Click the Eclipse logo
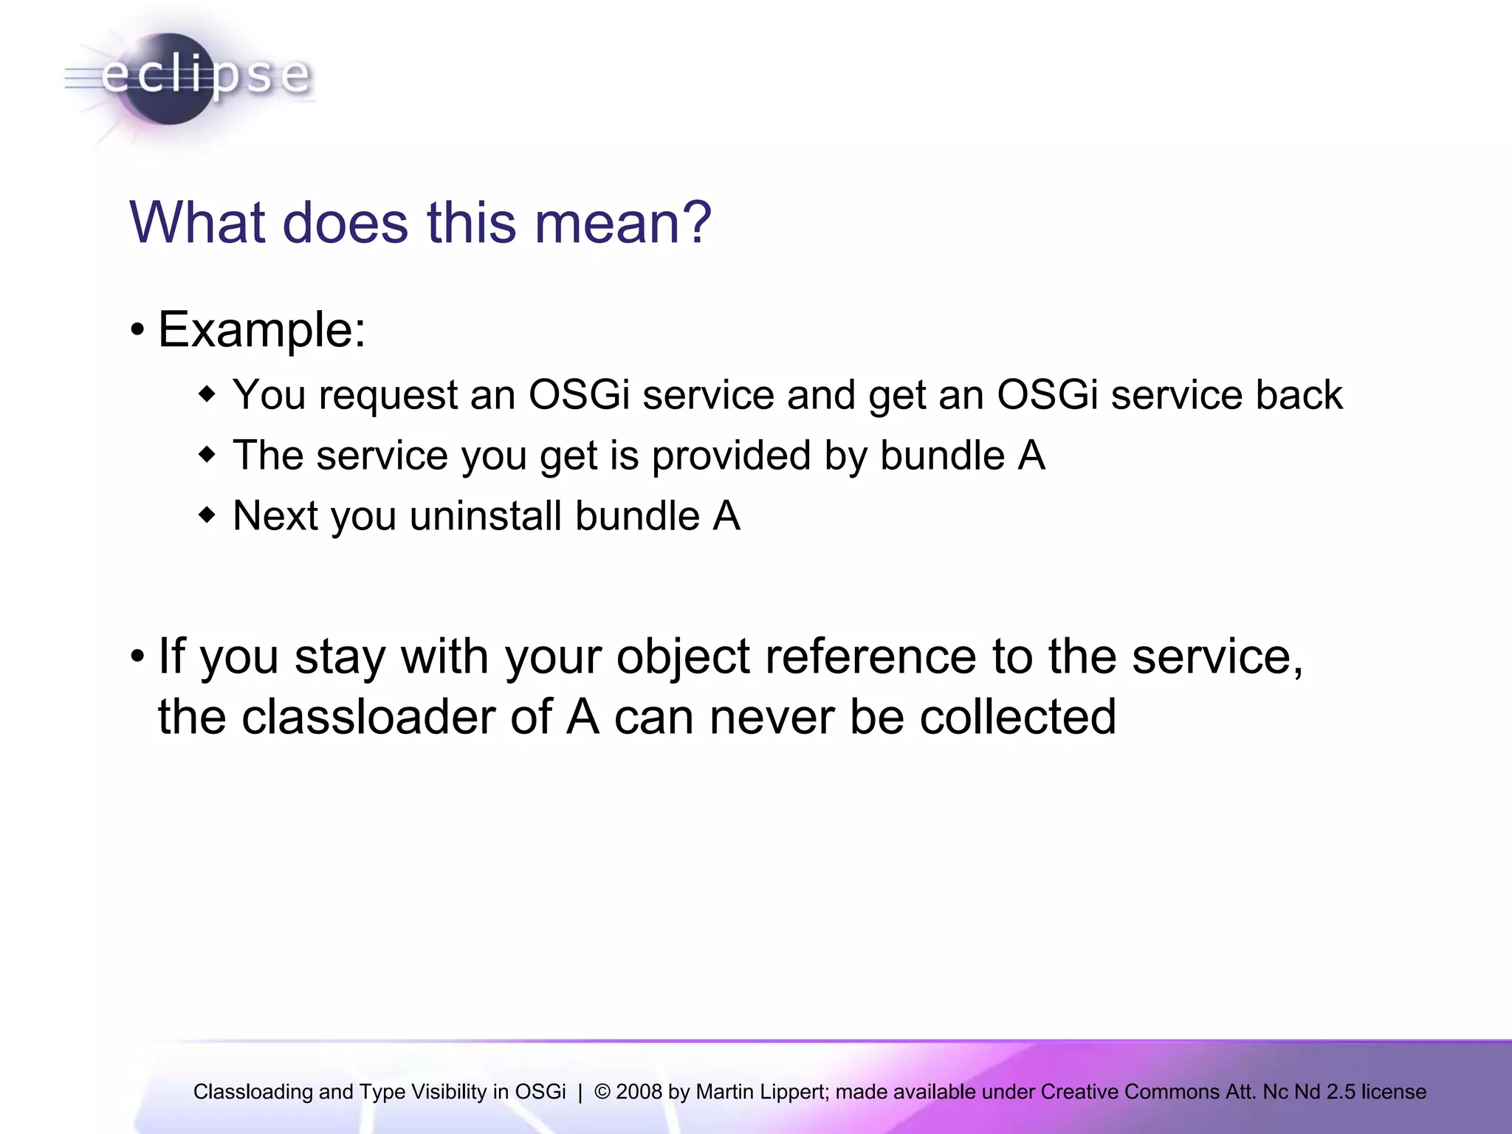tap(189, 78)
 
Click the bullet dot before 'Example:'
tap(137, 331)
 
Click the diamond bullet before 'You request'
tap(207, 394)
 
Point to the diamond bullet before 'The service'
tap(207, 455)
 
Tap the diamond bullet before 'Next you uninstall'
tap(207, 515)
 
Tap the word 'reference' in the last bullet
tap(870, 656)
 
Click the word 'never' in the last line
tap(772, 718)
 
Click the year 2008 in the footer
tap(639, 1092)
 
